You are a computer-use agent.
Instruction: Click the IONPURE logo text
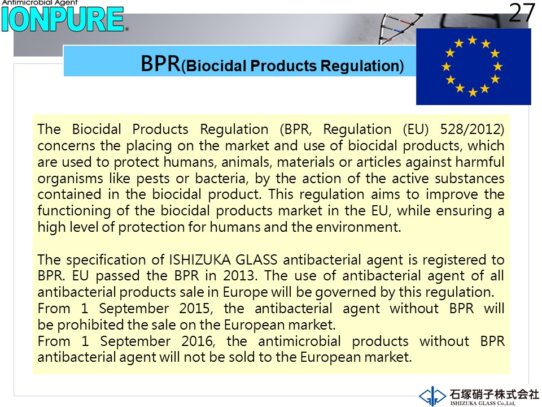tap(63, 20)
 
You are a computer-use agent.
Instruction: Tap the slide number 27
tap(522, 13)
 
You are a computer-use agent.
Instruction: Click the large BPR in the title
tap(160, 64)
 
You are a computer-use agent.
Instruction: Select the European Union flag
tap(473, 67)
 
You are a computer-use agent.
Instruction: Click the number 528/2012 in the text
tap(472, 129)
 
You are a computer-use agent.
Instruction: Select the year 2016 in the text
tap(198, 341)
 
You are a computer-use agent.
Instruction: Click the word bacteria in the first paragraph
tap(221, 178)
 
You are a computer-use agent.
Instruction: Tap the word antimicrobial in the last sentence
tap(299, 341)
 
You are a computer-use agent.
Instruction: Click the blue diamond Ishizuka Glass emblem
tap(432, 396)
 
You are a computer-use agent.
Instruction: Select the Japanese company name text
tap(495, 394)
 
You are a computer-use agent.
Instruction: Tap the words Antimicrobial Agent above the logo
tap(40, 2)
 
